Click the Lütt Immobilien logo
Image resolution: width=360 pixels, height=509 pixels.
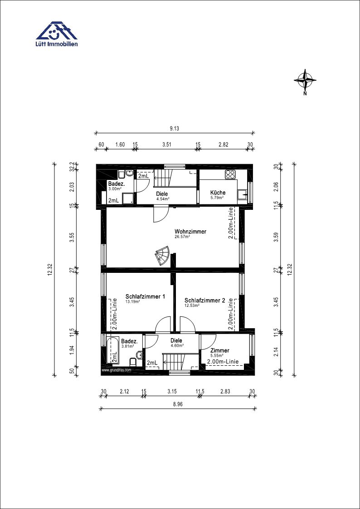[x=57, y=34]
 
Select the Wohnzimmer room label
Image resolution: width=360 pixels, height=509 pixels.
[x=190, y=232]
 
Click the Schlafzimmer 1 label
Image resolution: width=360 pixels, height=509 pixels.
[x=146, y=296]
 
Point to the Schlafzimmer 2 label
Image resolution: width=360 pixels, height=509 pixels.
[x=204, y=300]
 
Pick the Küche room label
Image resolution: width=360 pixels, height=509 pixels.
[x=218, y=193]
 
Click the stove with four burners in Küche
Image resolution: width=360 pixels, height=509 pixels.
[x=230, y=175]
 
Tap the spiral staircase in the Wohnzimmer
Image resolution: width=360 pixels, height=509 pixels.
[x=162, y=256]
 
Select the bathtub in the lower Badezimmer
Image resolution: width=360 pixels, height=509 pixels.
[x=112, y=350]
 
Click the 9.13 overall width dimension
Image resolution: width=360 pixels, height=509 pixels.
[x=174, y=129]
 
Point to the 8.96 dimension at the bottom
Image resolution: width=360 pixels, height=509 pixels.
[x=178, y=404]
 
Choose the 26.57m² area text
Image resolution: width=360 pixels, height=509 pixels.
[x=182, y=237]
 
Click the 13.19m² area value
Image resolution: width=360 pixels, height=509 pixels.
[x=133, y=301]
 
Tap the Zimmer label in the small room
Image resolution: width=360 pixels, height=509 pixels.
[x=220, y=350]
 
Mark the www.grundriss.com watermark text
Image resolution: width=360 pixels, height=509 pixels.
[x=116, y=370]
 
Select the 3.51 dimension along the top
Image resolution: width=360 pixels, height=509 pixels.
[x=167, y=145]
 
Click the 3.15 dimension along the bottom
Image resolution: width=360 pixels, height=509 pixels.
[x=172, y=392]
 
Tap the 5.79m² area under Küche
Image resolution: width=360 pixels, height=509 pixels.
[x=218, y=197]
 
